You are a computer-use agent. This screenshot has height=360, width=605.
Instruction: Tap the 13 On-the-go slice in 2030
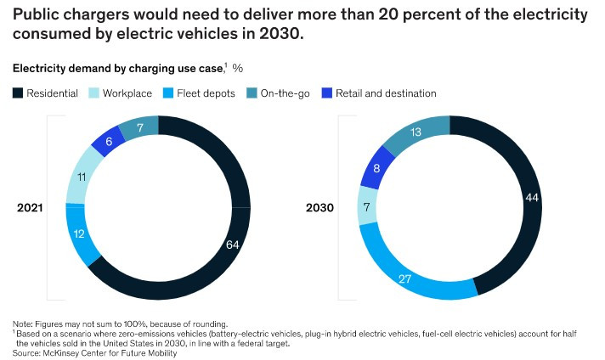tap(416, 132)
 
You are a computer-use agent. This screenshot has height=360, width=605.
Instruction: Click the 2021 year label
tap(31, 207)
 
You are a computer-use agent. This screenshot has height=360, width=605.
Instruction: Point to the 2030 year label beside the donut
tap(320, 207)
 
